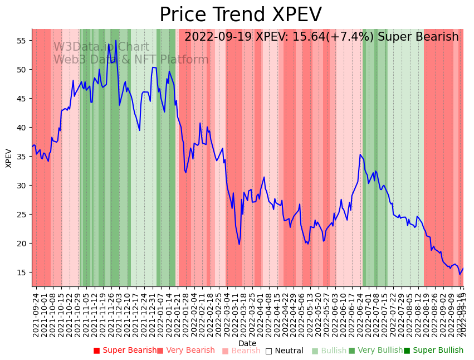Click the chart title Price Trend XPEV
click(240, 15)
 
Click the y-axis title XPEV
click(9, 158)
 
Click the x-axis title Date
click(247, 343)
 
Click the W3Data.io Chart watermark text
click(101, 47)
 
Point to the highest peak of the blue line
click(116, 40)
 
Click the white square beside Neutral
click(269, 351)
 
